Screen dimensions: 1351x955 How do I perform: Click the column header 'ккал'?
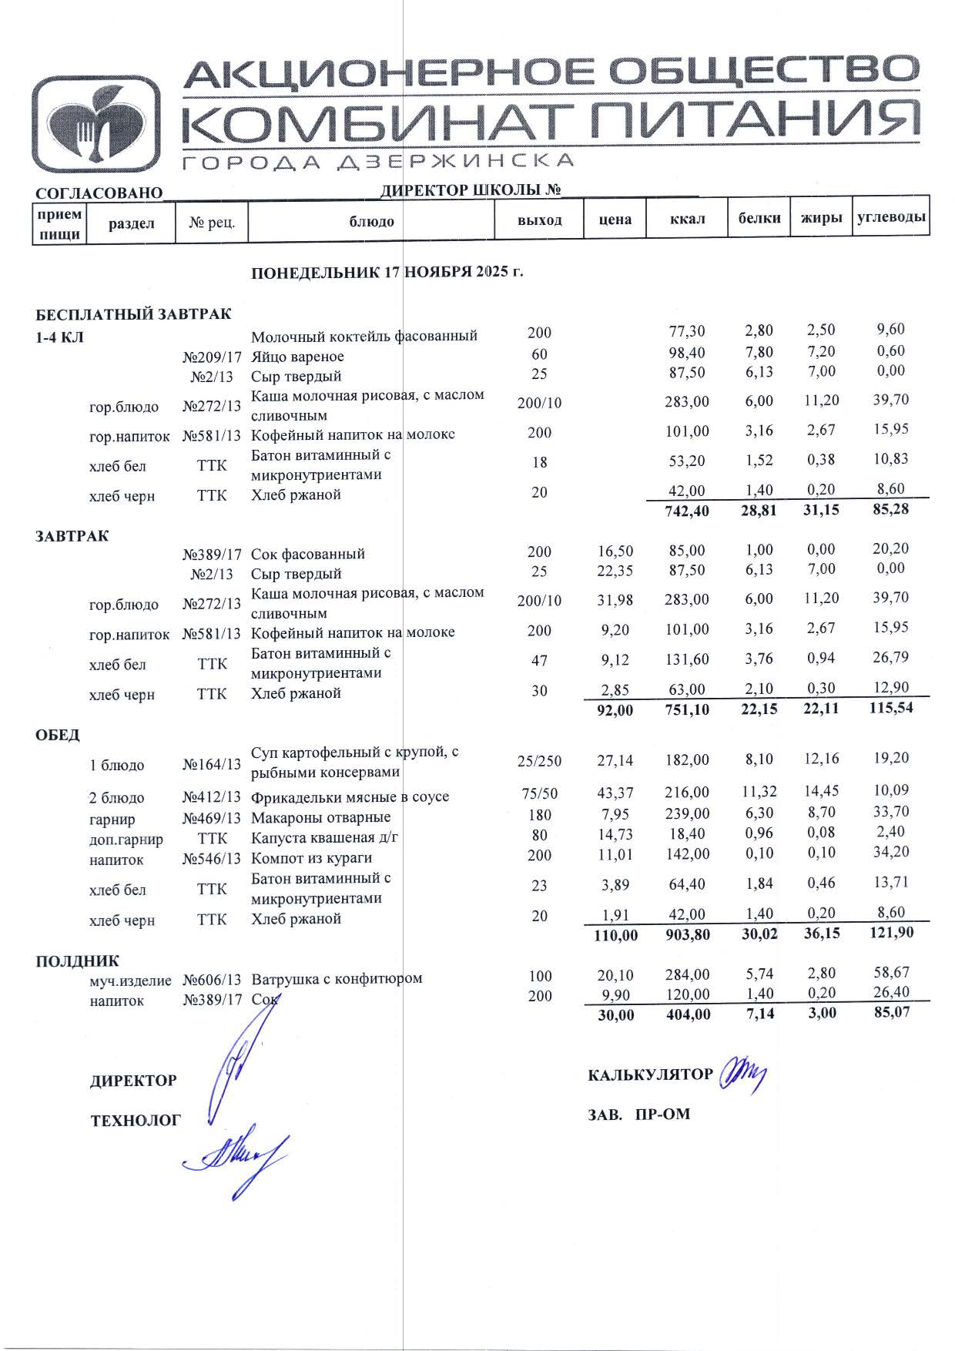point(687,220)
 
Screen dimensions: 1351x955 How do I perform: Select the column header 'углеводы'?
point(891,218)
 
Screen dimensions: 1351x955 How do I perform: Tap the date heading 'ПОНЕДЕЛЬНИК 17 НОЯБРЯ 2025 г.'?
point(387,273)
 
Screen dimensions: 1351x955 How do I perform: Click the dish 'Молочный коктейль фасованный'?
point(364,336)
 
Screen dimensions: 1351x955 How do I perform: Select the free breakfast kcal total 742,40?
point(687,511)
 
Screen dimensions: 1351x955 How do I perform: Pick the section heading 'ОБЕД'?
point(58,735)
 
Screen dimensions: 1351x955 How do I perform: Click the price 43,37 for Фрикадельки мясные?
point(615,793)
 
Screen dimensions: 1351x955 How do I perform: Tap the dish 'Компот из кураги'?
point(311,858)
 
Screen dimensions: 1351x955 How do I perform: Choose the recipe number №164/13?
point(212,765)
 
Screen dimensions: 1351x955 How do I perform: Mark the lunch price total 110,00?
point(616,936)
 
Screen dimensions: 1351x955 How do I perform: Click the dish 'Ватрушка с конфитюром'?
point(337,979)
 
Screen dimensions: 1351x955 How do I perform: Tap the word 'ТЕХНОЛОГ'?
point(136,1121)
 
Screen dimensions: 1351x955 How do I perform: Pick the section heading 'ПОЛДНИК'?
point(77,961)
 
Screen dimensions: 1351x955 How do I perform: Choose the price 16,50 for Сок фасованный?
point(615,551)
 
